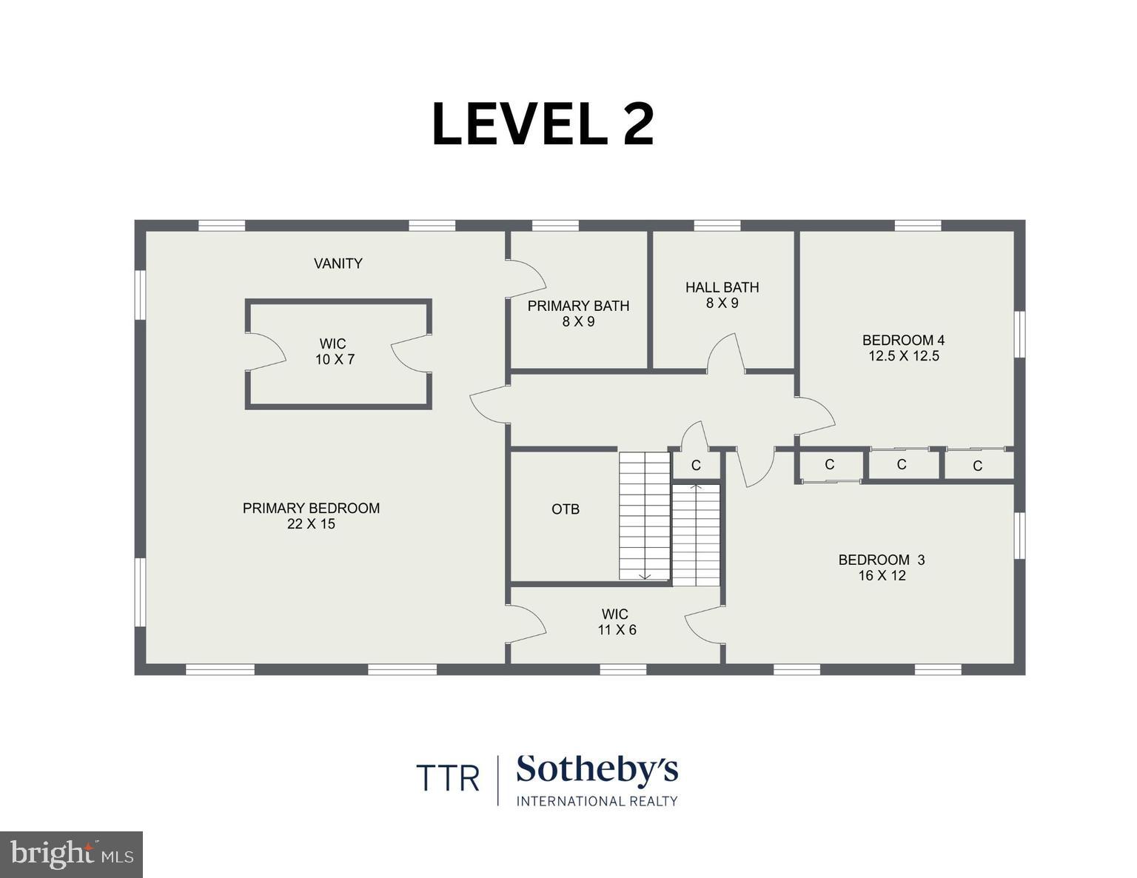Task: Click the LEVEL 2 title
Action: (x=543, y=124)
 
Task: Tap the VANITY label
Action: (x=338, y=264)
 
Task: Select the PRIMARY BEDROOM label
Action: (x=311, y=508)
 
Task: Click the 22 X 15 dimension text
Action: (x=311, y=524)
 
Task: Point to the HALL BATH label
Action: (x=722, y=287)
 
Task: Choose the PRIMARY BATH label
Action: (x=578, y=306)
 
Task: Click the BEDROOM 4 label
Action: (x=903, y=341)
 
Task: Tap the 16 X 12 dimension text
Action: (x=882, y=575)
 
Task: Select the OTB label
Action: (x=566, y=509)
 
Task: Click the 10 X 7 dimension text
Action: (x=335, y=360)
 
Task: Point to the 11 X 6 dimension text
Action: (x=617, y=630)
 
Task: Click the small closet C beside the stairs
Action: (x=696, y=466)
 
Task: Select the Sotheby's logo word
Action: (x=597, y=771)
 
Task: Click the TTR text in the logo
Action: (x=447, y=778)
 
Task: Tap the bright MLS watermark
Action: (x=72, y=854)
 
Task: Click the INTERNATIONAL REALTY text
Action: (x=597, y=801)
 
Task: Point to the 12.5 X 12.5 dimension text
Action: (x=903, y=356)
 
